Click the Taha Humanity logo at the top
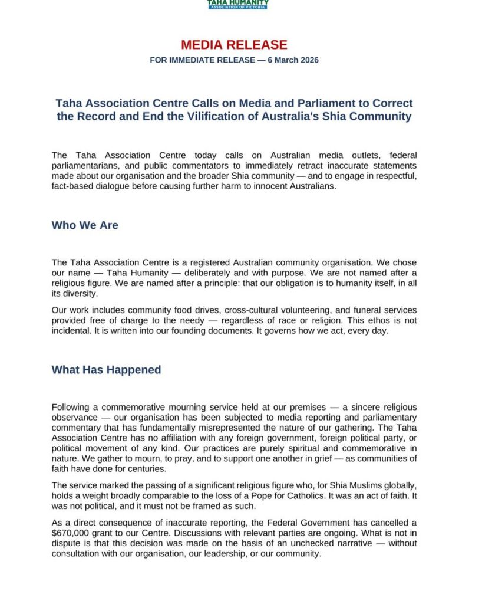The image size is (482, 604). [237, 4]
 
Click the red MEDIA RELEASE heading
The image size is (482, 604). [234, 45]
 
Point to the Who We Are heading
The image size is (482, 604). [85, 225]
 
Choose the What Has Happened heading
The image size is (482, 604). [106, 370]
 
